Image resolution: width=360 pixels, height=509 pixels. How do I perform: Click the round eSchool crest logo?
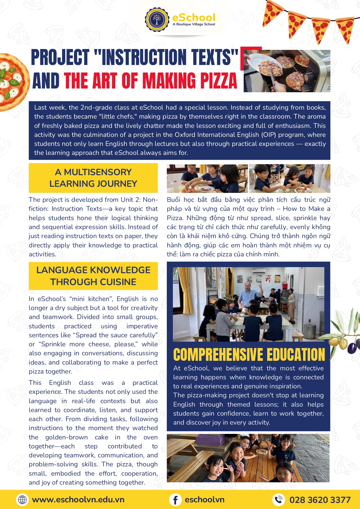point(157,20)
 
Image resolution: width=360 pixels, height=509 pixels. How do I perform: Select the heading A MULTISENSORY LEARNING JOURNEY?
point(93,178)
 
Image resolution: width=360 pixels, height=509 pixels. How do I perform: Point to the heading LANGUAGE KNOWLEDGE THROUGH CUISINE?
point(93,276)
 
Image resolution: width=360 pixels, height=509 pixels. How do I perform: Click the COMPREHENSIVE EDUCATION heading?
point(249,354)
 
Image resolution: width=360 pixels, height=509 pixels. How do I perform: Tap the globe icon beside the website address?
point(22,500)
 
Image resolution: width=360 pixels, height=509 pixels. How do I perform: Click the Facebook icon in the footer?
point(175,500)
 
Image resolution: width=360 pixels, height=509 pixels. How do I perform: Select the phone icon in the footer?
point(278,500)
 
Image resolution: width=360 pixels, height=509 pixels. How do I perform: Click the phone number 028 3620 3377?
point(320,500)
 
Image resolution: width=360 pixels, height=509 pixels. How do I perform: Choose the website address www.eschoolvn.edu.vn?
point(78,500)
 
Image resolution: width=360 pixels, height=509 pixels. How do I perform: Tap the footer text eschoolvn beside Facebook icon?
point(205,500)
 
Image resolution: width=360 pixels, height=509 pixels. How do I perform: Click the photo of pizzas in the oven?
point(287,71)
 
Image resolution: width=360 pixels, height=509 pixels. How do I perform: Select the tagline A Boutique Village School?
point(194,24)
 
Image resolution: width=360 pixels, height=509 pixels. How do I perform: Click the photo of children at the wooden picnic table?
point(248,458)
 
